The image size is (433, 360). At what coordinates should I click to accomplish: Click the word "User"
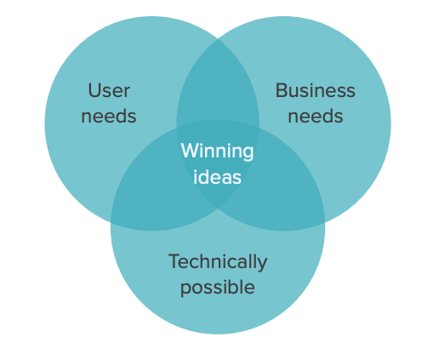109,89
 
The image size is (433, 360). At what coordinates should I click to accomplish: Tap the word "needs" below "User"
109,116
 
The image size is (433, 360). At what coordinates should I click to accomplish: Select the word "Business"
316,89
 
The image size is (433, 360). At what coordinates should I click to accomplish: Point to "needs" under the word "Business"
316,116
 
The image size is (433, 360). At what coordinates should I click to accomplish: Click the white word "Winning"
217,151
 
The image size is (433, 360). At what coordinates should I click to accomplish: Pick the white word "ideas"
217,177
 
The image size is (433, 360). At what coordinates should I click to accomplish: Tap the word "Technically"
218,261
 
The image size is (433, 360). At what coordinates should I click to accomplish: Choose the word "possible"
218,288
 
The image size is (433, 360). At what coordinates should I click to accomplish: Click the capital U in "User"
94,89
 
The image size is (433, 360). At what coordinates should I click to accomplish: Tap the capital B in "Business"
282,89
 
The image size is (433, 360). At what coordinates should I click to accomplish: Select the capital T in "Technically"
173,260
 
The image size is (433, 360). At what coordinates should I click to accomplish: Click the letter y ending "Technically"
262,264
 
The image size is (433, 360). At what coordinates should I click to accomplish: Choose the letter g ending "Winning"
248,154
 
